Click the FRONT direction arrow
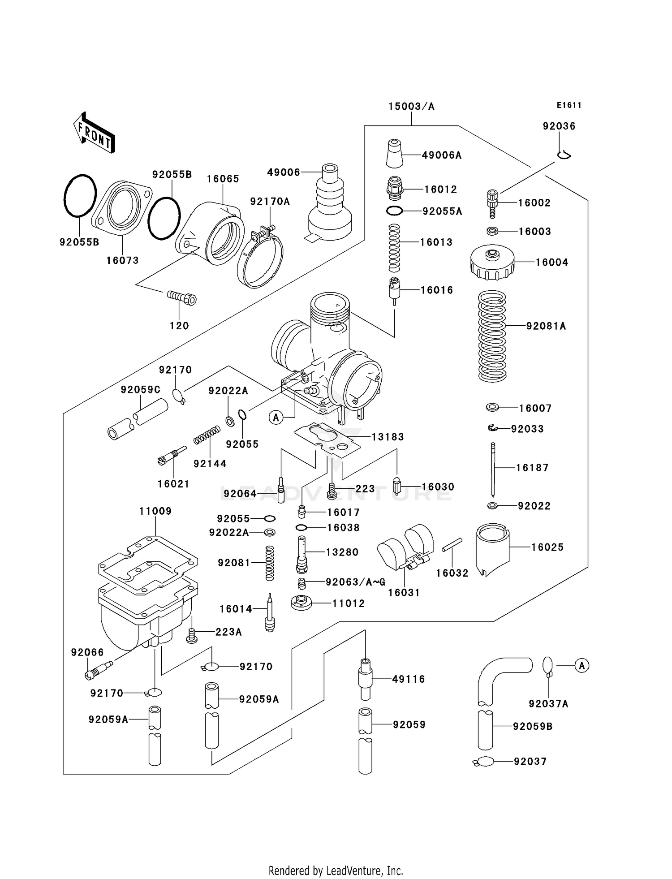click(x=94, y=133)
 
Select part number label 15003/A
click(x=411, y=107)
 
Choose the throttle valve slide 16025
click(x=492, y=549)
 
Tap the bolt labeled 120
click(x=182, y=297)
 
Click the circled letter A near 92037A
click(x=582, y=666)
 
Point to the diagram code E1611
click(x=569, y=105)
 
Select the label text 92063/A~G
click(x=355, y=582)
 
